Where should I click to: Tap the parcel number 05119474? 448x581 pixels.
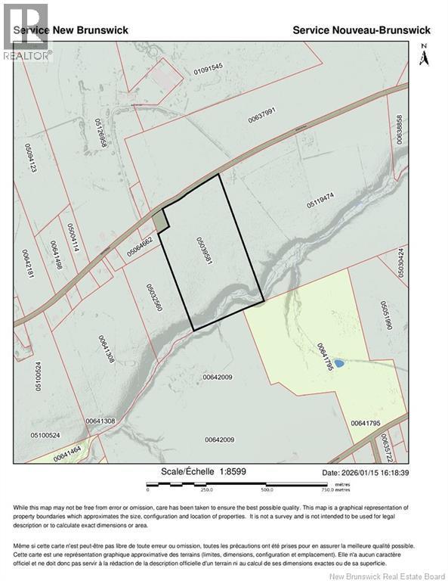(x=320, y=203)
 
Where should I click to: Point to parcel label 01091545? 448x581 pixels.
(x=209, y=68)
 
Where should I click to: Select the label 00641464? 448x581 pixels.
(x=67, y=455)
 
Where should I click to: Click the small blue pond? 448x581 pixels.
(x=339, y=363)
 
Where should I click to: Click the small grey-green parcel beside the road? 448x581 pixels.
(x=159, y=221)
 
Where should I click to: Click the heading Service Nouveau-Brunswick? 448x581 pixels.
(x=361, y=30)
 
